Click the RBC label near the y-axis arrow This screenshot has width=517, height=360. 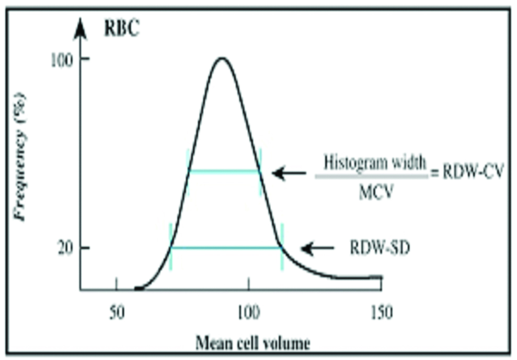pos(122,29)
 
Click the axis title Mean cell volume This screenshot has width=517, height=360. pos(253,343)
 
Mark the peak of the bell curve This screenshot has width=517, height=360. pos(222,58)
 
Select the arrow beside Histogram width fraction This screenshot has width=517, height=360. pos(289,173)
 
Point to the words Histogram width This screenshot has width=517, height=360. pos(374,162)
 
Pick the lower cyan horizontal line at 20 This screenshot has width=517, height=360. pos(226,248)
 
